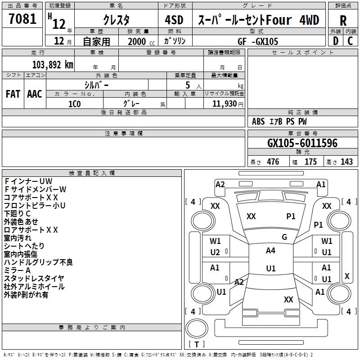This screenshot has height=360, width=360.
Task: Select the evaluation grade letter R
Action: pos(343,21)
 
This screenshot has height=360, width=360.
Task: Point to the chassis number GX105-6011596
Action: pos(302,143)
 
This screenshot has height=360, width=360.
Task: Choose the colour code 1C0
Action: pos(74,103)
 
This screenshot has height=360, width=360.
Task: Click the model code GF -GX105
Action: pos(258,41)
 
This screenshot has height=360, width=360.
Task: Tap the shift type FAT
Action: pos(13,94)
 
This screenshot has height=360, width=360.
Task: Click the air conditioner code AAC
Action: pos(35,94)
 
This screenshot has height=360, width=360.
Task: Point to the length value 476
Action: pos(273,162)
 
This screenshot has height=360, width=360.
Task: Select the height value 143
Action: pos(346,162)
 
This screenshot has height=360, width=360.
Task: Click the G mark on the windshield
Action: pos(284,237)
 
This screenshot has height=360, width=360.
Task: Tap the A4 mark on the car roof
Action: pos(270,251)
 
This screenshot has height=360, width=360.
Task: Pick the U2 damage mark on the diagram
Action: pos(215,252)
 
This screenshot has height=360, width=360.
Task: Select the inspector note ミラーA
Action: pos(17,270)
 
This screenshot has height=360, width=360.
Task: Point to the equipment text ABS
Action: pos(258,121)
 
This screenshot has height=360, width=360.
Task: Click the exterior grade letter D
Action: pos(335,41)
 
